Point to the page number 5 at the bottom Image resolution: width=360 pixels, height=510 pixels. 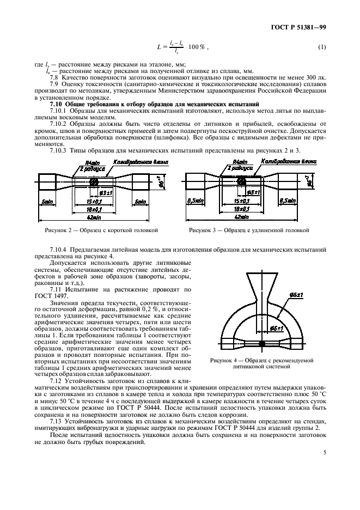324,452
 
